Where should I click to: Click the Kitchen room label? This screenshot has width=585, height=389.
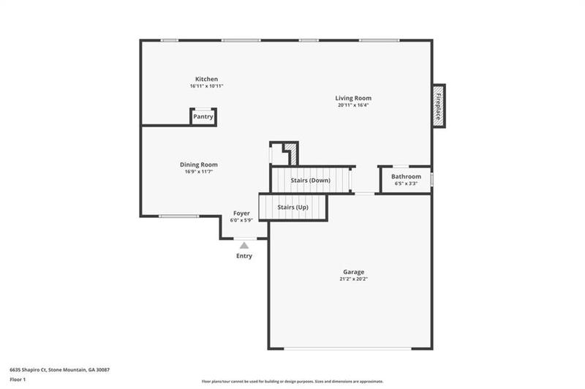click(205, 79)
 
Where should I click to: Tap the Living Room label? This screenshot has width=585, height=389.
click(353, 98)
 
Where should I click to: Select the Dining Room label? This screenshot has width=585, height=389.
click(198, 165)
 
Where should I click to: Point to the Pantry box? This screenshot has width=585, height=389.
click(203, 117)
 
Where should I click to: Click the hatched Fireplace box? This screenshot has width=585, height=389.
click(438, 106)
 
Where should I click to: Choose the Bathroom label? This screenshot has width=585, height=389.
click(406, 176)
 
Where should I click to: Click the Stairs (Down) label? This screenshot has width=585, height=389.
click(310, 180)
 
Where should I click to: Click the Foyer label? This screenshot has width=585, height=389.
click(241, 213)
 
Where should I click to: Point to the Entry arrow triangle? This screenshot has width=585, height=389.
click(244, 246)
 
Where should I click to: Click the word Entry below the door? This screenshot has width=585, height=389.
click(244, 256)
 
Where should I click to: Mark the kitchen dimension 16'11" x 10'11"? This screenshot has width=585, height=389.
click(205, 86)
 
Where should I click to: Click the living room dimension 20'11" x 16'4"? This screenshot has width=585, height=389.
click(353, 105)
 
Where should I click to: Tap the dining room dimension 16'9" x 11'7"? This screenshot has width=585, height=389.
click(198, 172)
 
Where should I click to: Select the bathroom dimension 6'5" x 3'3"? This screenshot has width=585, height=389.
click(406, 184)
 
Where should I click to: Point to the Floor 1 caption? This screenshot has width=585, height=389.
click(18, 380)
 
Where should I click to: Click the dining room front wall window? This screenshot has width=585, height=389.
click(179, 216)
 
